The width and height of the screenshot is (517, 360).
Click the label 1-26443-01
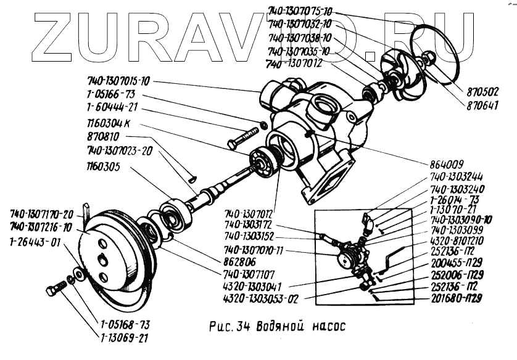click(35, 242)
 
